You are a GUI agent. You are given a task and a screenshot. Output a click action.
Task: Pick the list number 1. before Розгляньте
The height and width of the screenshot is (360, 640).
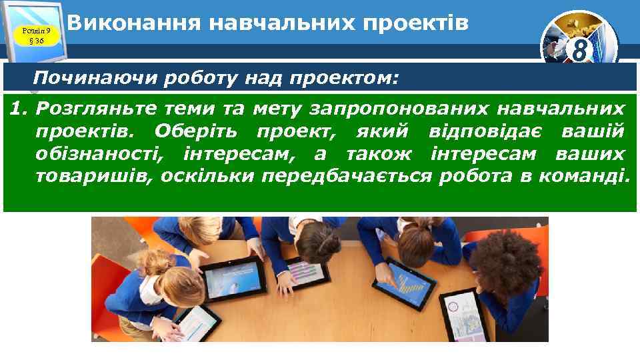click(19, 107)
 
